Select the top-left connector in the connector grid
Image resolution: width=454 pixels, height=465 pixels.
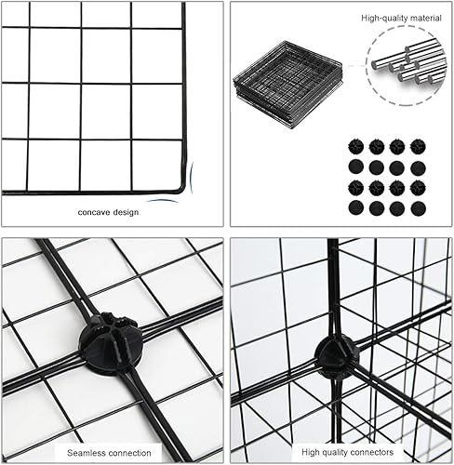356,147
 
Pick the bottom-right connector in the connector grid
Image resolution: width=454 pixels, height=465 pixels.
418,208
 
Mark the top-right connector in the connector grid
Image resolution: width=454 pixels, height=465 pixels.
418,147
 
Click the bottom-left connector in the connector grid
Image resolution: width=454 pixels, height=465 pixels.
356,208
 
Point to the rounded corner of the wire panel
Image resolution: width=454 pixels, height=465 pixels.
184,186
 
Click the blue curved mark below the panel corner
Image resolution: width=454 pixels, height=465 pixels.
164,200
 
